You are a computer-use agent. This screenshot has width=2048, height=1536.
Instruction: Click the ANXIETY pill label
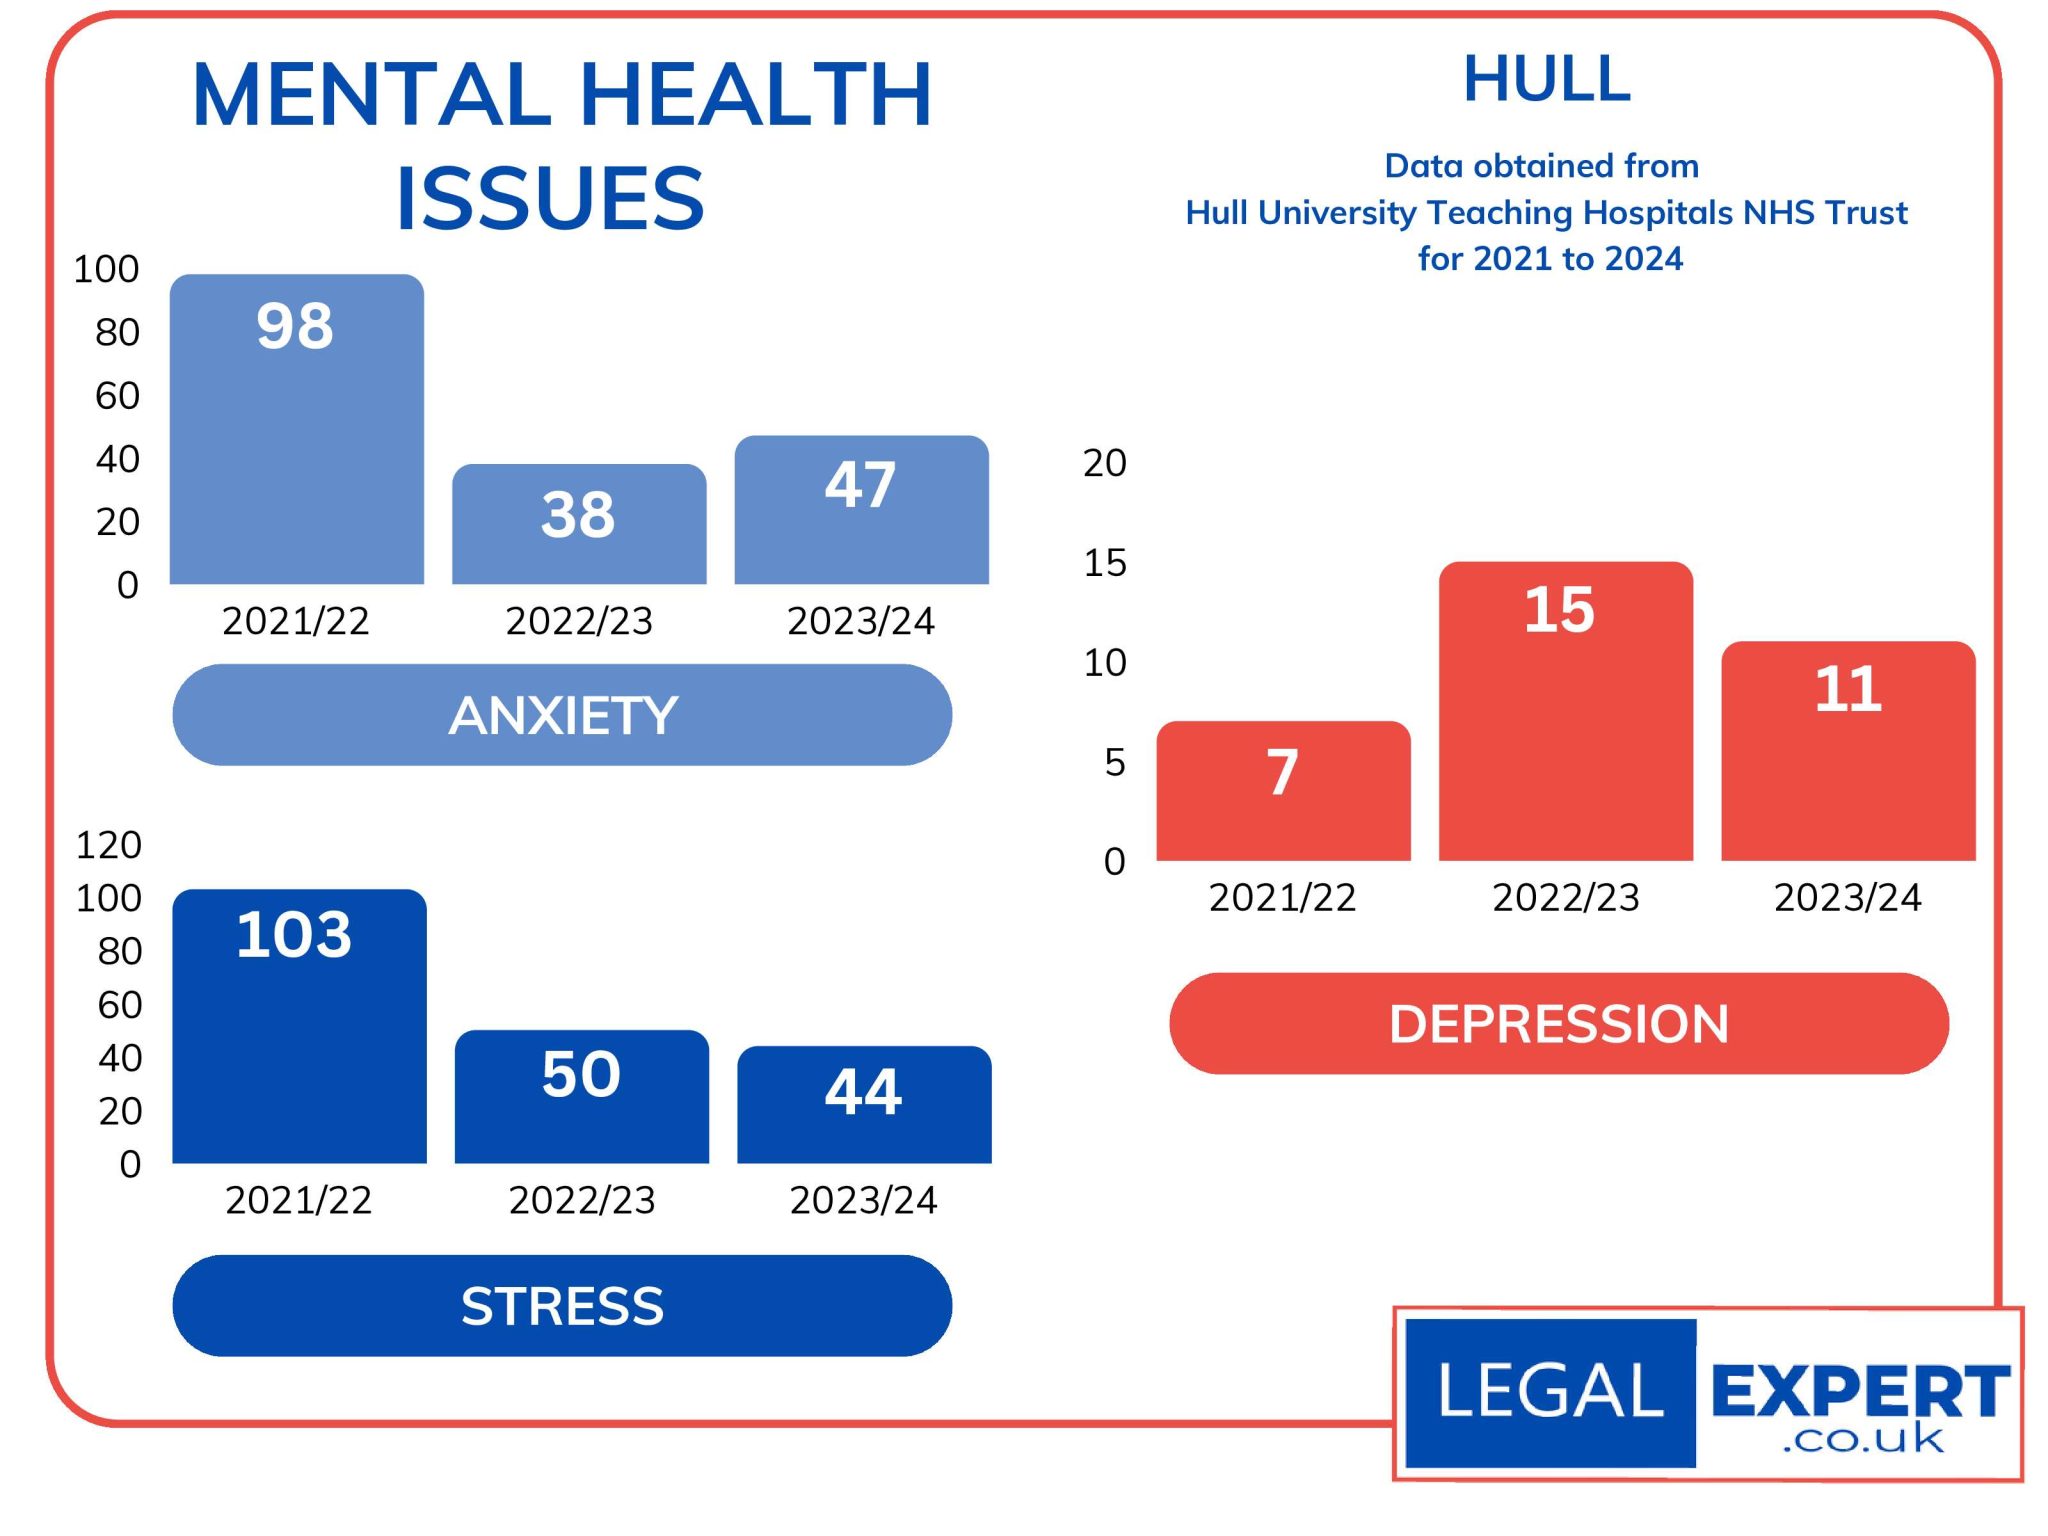(x=562, y=715)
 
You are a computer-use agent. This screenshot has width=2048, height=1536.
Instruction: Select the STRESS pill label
(x=562, y=1305)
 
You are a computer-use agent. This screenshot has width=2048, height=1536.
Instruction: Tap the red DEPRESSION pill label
(x=1558, y=1023)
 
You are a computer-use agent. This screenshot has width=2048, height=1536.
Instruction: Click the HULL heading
(x=1546, y=79)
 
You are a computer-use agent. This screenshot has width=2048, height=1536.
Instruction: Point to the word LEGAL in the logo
(x=1550, y=1391)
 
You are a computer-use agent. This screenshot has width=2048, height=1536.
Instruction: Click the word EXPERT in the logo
(x=1860, y=1390)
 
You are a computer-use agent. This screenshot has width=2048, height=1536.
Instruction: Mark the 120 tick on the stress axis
(x=109, y=845)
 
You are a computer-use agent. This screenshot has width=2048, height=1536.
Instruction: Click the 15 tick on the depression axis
(x=1104, y=563)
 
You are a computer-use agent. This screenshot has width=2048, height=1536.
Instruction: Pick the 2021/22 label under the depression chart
(x=1282, y=897)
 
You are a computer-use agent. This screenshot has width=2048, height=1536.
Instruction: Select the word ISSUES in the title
(x=550, y=198)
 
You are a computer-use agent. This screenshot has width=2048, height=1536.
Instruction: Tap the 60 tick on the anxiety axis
(x=117, y=396)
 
